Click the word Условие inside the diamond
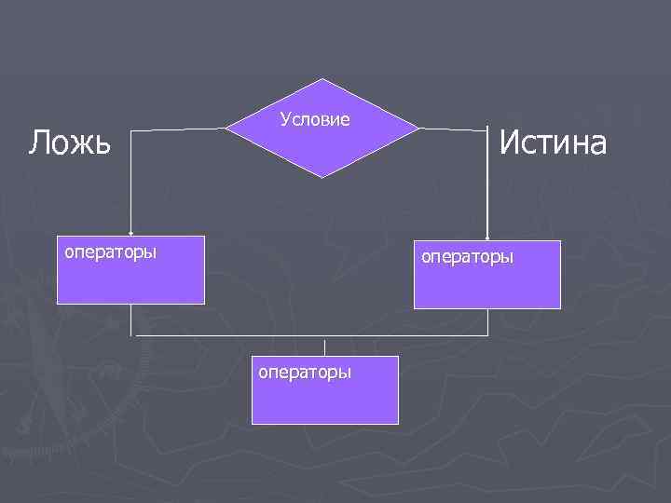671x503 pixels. click(x=315, y=119)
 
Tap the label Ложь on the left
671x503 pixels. click(x=70, y=143)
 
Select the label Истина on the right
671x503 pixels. click(x=553, y=143)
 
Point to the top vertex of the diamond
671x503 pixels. click(x=322, y=79)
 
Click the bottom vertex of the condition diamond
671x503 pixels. click(x=322, y=176)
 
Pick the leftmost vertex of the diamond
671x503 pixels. click(x=227, y=128)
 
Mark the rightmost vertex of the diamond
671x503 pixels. click(x=418, y=127)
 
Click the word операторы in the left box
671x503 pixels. click(x=110, y=251)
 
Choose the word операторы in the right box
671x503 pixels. click(x=467, y=255)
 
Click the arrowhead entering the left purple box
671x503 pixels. click(x=130, y=232)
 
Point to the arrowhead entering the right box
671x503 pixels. click(x=487, y=237)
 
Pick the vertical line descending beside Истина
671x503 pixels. click(x=487, y=182)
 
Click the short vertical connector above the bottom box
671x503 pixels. click(x=324, y=345)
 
